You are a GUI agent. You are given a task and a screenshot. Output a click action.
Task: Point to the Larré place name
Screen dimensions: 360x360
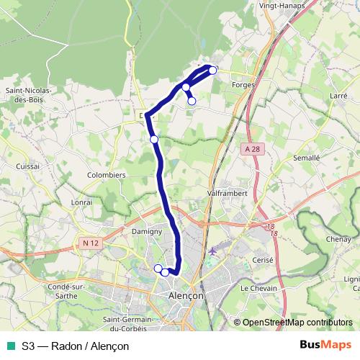[338, 95]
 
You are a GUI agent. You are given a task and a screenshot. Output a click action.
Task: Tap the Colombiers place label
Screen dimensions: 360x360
[106, 174]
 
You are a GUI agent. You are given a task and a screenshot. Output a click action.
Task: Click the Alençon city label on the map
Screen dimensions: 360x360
[185, 295]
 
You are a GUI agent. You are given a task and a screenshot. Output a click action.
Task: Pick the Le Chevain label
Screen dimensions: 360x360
[258, 288]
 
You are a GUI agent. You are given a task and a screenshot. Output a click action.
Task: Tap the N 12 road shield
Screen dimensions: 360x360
[90, 243]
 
